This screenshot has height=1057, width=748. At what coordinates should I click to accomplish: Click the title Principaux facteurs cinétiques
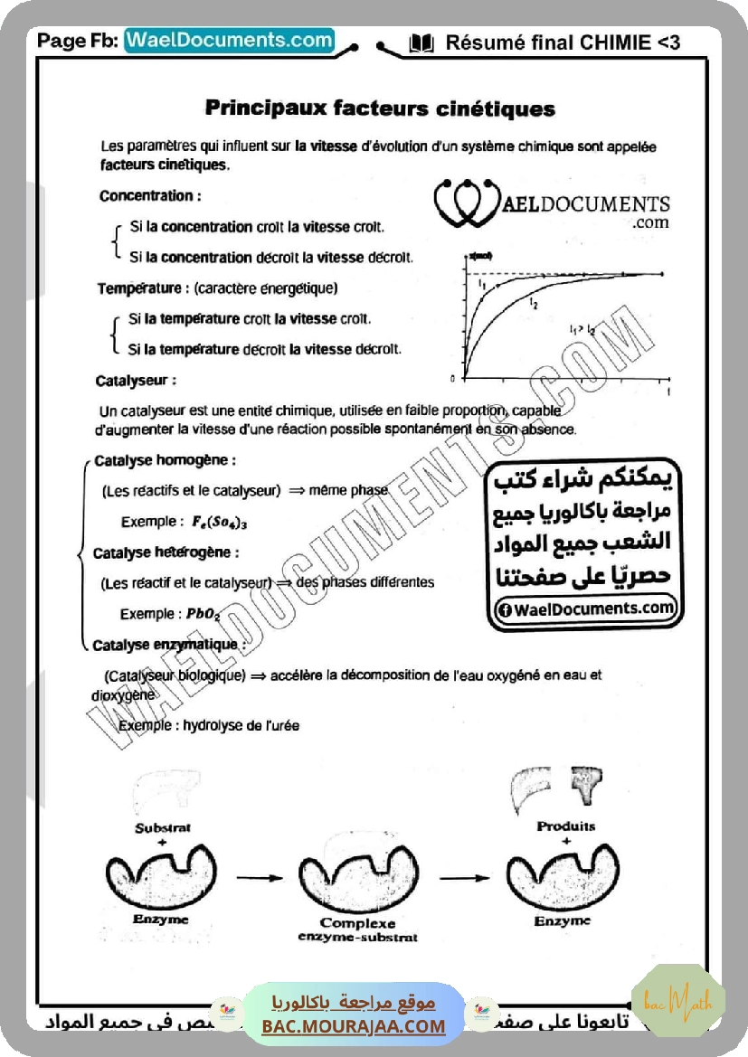point(380,109)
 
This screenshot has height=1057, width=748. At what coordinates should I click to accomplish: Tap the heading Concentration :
point(150,195)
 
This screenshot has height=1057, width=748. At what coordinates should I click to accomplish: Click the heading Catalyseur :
point(136,381)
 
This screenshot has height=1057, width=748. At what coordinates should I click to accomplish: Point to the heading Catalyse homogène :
point(165,459)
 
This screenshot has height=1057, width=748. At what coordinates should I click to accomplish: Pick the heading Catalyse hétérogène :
point(166,552)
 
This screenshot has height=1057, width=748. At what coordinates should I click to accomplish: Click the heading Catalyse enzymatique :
point(168,646)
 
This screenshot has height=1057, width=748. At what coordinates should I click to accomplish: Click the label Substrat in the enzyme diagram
point(163,827)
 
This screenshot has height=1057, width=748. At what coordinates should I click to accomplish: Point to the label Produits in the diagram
point(565,826)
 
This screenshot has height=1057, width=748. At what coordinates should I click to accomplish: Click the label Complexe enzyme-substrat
point(357,930)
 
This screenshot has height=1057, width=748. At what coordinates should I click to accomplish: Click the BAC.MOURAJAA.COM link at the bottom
point(354,1026)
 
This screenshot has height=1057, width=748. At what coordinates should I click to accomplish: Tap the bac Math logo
point(678,1000)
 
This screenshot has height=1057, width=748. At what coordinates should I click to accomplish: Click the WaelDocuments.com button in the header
point(229,41)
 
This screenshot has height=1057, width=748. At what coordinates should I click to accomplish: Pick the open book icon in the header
point(421,42)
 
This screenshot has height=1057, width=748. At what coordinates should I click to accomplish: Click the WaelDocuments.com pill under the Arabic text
point(586,609)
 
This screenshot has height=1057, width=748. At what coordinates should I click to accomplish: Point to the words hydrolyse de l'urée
point(241,725)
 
